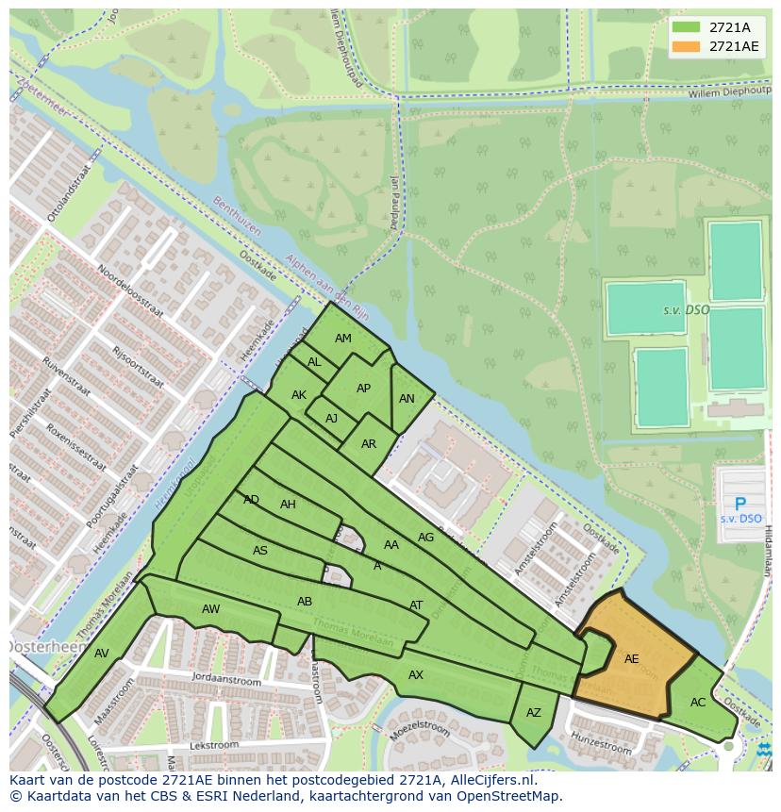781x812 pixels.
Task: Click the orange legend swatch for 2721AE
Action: click(686, 46)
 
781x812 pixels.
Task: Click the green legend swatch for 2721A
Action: click(686, 27)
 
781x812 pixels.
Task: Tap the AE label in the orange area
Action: click(631, 659)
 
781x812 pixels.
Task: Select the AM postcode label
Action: click(342, 339)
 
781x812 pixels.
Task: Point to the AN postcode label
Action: click(407, 399)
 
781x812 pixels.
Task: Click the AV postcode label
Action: click(102, 654)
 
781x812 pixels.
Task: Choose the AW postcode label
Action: click(210, 609)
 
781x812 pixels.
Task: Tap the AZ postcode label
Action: click(534, 713)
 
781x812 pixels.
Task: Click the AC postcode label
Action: click(698, 703)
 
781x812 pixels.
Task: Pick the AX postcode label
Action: click(416, 675)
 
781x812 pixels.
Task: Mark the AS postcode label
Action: click(260, 551)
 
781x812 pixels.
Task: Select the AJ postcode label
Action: click(331, 419)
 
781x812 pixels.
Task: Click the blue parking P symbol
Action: click(739, 505)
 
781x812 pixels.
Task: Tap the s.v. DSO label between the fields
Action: click(686, 310)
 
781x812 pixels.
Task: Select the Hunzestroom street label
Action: click(601, 742)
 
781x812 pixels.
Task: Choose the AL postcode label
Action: click(314, 362)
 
